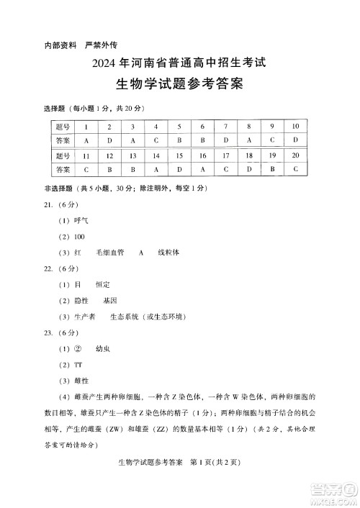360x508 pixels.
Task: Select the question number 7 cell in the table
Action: pyautogui.click(x=225, y=126)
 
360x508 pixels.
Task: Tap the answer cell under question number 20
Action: pyautogui.click(x=295, y=170)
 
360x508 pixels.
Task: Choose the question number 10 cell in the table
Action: pyautogui.click(x=295, y=126)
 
